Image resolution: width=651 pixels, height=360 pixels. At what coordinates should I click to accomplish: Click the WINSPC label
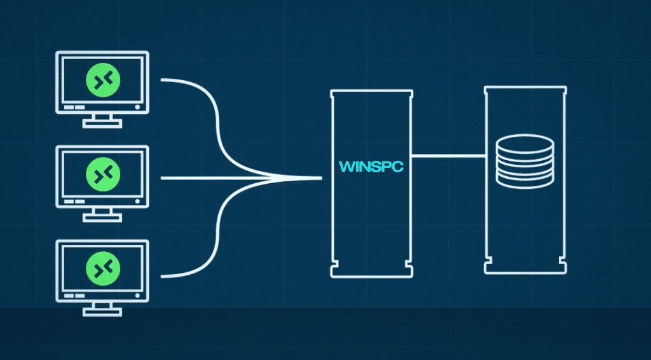(372, 167)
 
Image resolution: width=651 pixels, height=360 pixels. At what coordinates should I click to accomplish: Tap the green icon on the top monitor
(102, 80)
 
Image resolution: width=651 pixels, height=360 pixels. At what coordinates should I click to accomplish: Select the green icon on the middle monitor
(102, 173)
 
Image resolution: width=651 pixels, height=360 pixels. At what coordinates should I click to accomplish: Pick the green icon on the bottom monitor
(102, 267)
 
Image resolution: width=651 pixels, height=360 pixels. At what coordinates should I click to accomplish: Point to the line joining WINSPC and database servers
(448, 156)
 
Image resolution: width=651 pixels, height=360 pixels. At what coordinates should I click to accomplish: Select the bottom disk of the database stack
(524, 181)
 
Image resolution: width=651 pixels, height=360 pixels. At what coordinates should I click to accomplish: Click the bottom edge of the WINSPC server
(371, 276)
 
